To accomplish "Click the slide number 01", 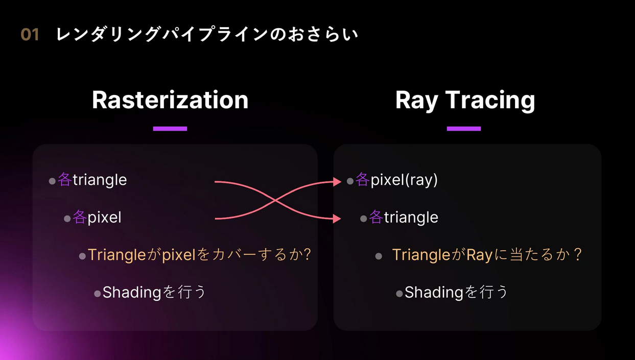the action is [x=30, y=35].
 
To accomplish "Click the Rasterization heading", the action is [x=170, y=100].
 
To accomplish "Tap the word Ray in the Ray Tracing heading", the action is [x=416, y=101].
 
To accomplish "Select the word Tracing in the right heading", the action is [x=490, y=101].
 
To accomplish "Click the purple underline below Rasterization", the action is [x=170, y=129].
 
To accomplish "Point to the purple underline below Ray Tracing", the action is [x=464, y=129].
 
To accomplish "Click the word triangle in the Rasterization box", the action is [x=100, y=180].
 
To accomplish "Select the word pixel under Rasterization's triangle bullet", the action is [x=104, y=218].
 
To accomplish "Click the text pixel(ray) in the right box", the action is [x=404, y=180].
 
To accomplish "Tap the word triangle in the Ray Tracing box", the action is [x=411, y=218].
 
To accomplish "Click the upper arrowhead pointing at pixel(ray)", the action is [x=337, y=181].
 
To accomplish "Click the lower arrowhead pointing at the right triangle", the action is [x=337, y=219].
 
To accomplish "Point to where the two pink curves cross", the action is [x=274, y=201].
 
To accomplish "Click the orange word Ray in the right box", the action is [x=479, y=255].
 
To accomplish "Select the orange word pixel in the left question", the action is [x=179, y=254].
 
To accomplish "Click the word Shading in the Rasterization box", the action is [x=132, y=293].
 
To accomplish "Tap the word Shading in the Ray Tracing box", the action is [x=434, y=293].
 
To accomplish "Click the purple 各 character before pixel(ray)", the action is [x=363, y=179].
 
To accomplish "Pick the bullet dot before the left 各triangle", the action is [x=52, y=181].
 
